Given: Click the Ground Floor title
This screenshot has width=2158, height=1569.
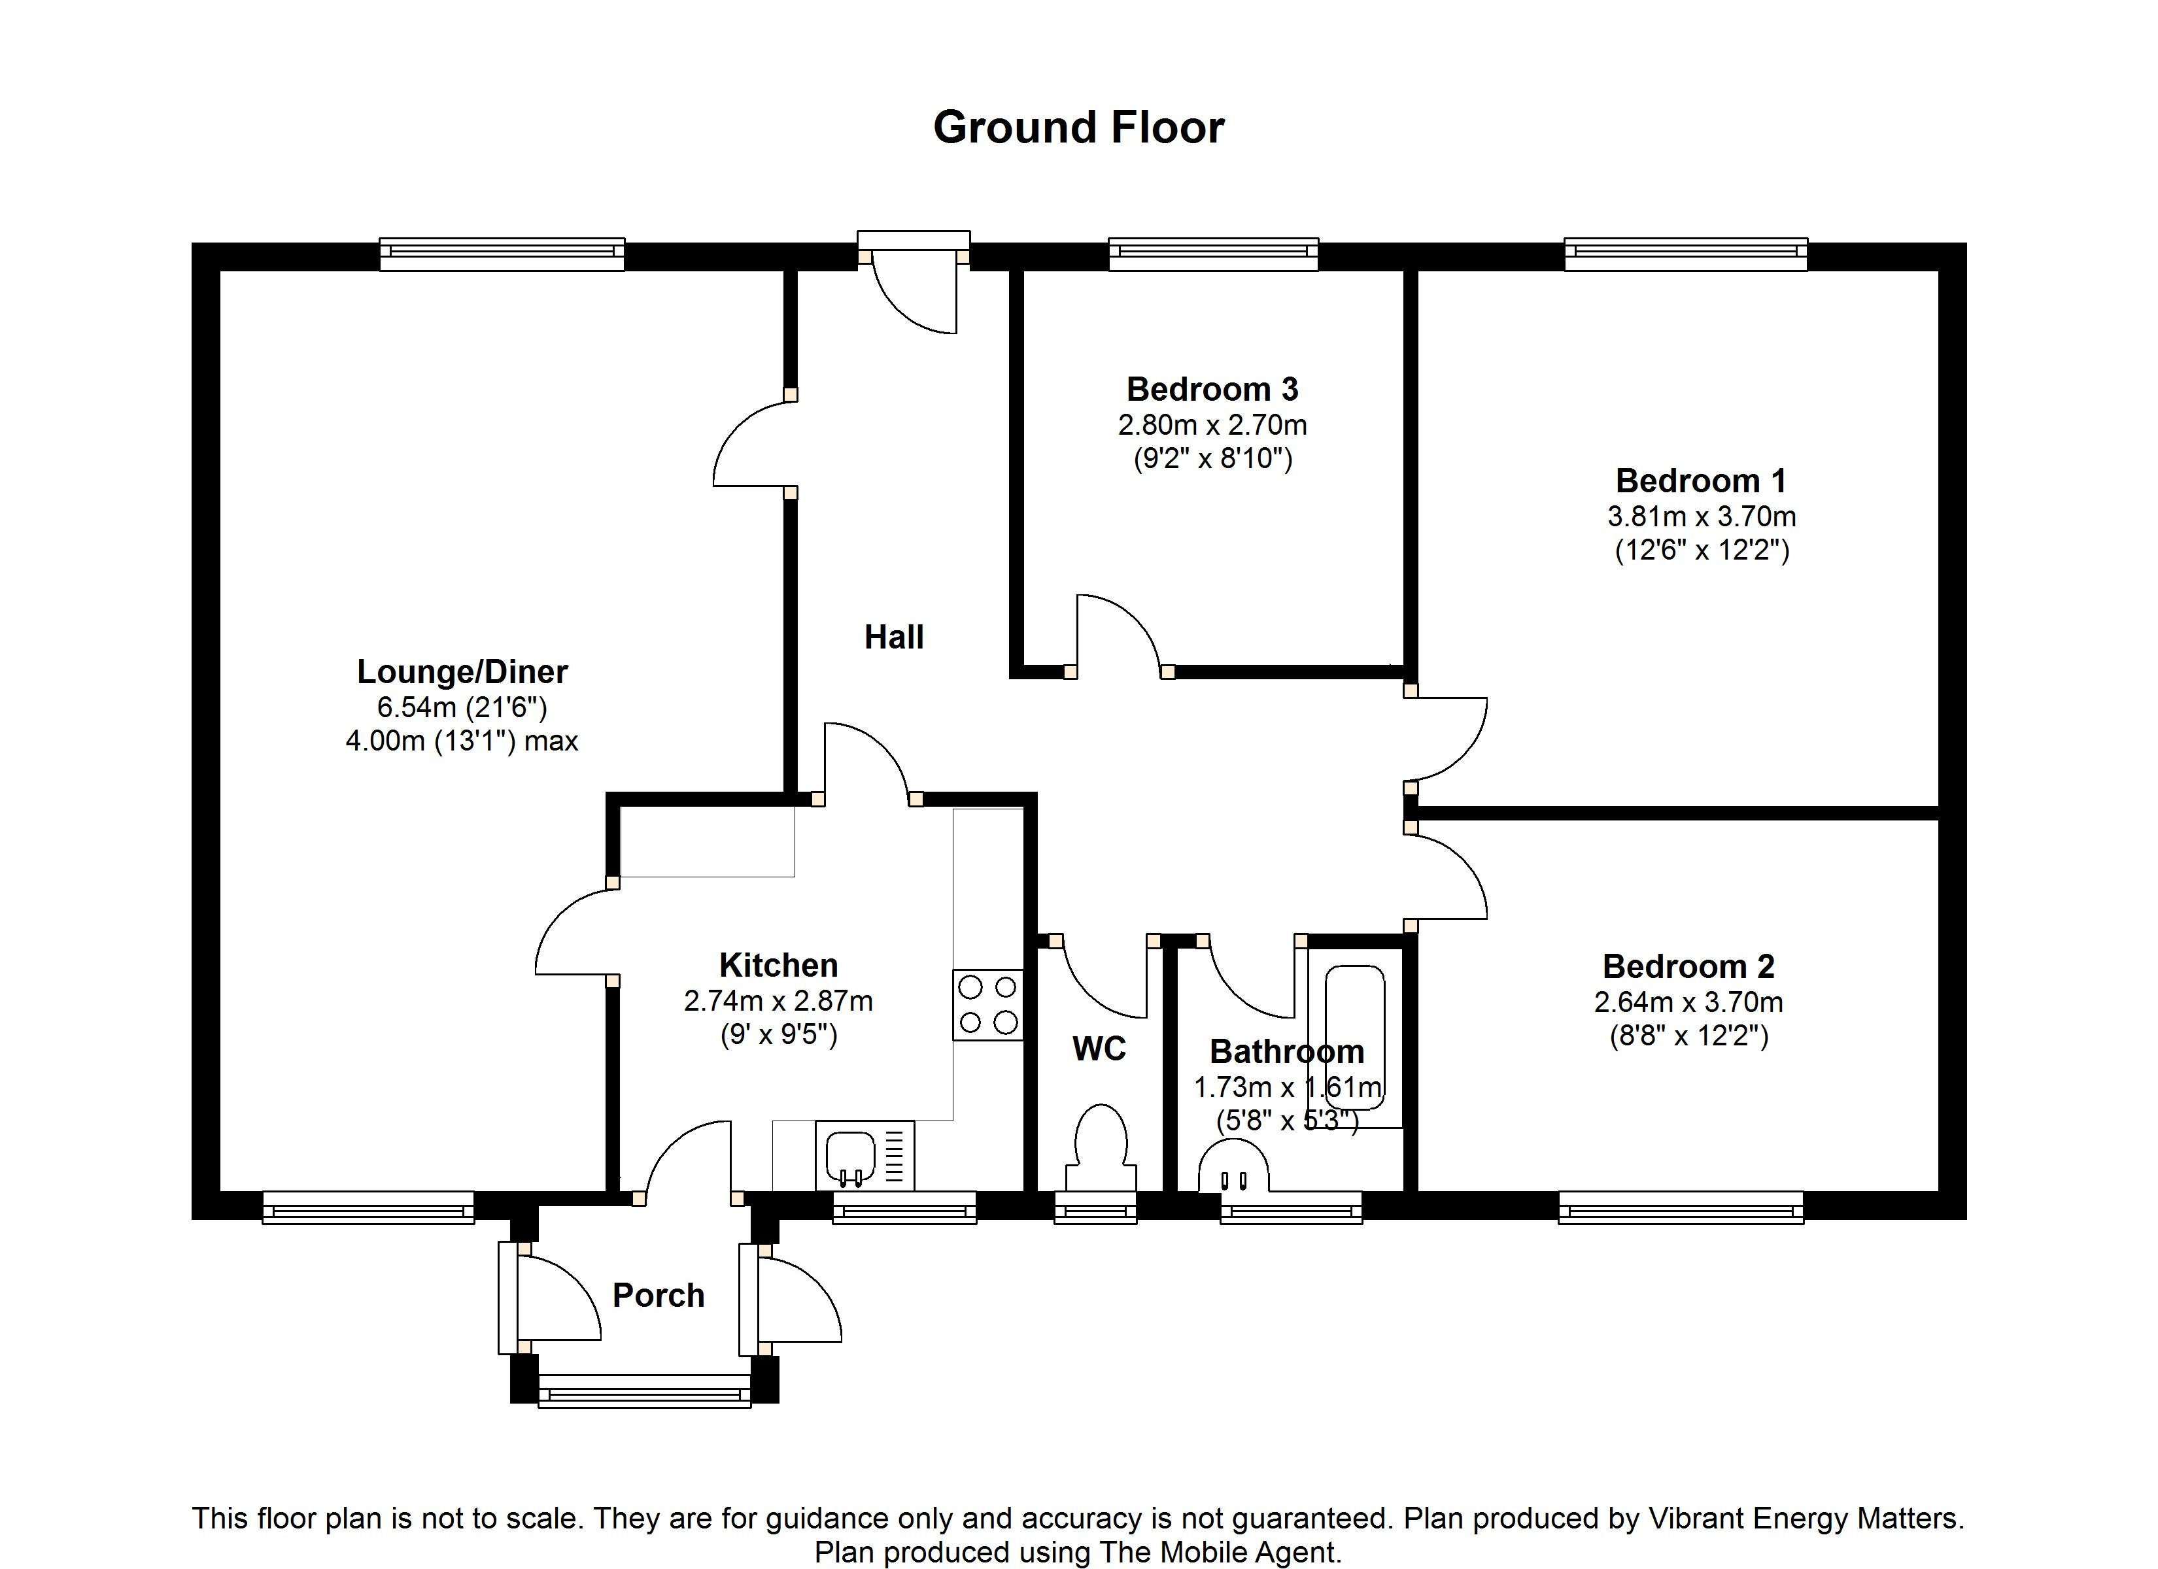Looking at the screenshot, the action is click(1078, 127).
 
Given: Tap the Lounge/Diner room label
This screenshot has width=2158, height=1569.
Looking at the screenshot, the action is click(462, 672).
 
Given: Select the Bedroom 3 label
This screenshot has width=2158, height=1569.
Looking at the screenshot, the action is click(1212, 389).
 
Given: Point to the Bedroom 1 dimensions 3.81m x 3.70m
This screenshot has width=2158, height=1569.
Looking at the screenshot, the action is click(1702, 516).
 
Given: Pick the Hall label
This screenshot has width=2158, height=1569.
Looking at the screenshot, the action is click(893, 637).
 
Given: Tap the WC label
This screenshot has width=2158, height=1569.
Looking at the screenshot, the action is click(1099, 1049).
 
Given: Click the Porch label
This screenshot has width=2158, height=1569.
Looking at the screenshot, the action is click(659, 1295).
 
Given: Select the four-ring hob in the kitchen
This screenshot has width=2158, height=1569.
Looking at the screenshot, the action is click(987, 1005).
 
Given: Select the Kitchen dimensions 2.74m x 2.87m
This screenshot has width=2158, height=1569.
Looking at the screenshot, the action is click(778, 1001).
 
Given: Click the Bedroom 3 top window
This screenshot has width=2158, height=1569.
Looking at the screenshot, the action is click(1213, 252).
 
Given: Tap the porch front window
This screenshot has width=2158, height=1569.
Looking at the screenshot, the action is click(644, 1395).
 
